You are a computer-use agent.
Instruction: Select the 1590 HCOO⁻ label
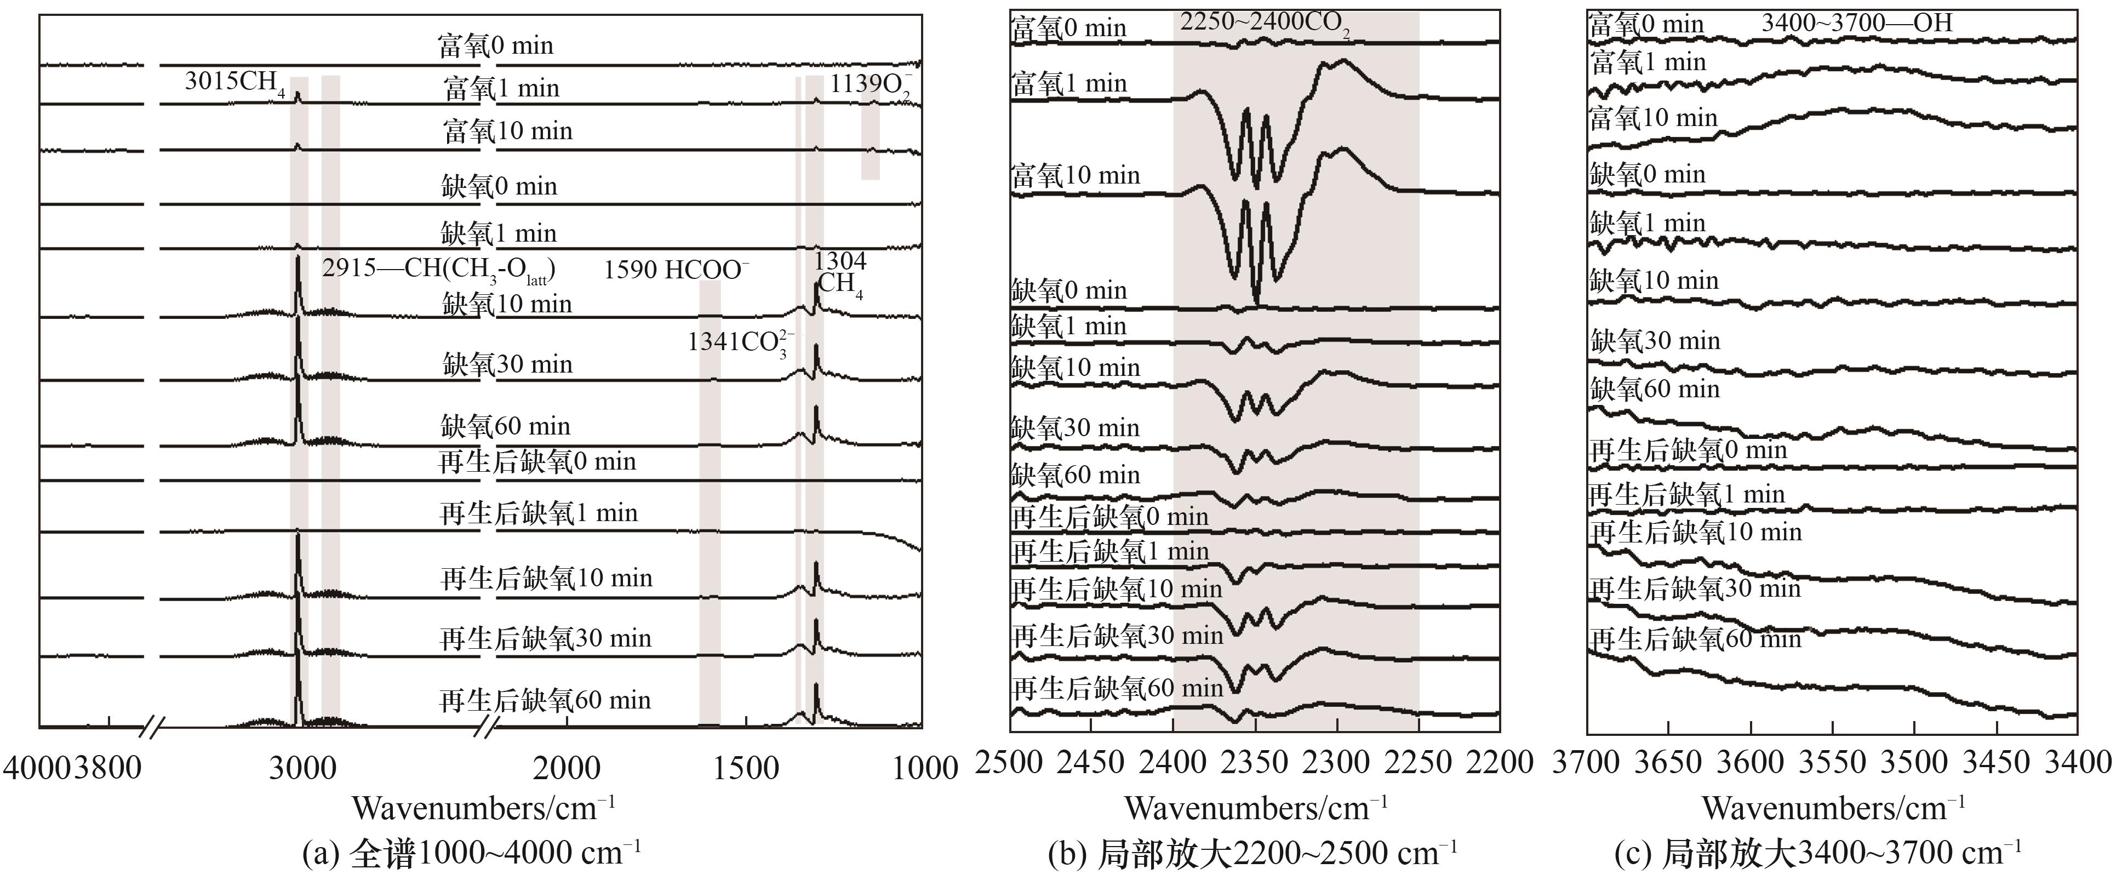[676, 270]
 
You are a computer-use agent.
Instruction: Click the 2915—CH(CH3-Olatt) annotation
[438, 270]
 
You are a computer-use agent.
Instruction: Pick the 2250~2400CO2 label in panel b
[1265, 23]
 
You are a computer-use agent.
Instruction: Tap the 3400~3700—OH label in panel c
[1857, 22]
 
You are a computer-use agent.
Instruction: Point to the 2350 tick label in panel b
[1255, 763]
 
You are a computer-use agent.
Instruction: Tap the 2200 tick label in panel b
[1499, 763]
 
